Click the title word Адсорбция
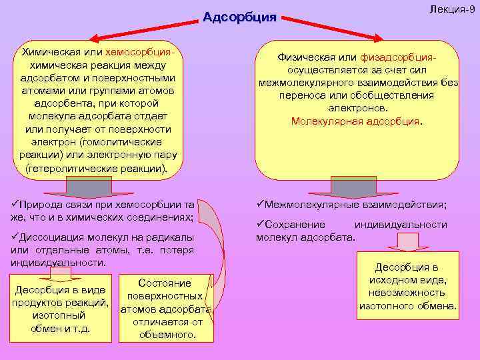tap(239, 17)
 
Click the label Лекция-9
tap(451, 7)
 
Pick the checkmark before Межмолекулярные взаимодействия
tap(261, 205)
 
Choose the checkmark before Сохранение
tap(261, 225)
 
